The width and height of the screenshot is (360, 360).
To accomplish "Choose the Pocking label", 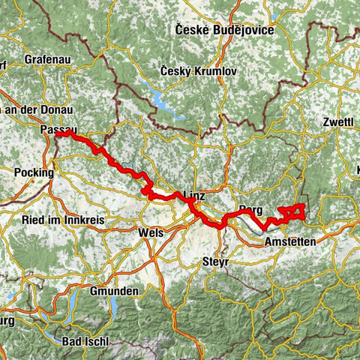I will (34, 172).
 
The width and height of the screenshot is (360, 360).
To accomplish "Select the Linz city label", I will (193, 196).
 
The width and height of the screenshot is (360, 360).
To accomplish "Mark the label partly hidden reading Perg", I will (250, 210).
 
